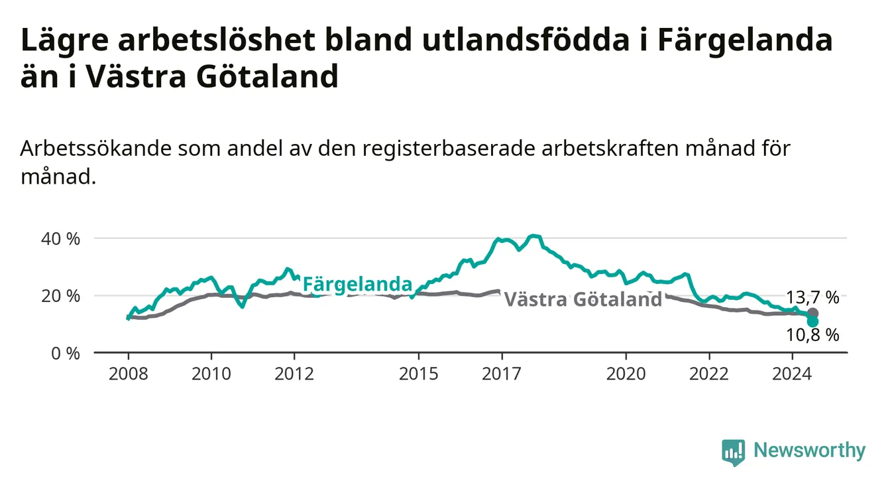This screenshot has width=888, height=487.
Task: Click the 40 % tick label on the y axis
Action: click(x=60, y=239)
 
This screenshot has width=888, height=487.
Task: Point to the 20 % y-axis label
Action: click(x=60, y=296)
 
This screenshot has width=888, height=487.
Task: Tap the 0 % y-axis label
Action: click(x=66, y=354)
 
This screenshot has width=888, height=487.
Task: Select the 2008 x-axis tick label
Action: click(x=128, y=374)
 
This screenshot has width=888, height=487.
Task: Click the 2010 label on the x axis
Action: click(x=211, y=374)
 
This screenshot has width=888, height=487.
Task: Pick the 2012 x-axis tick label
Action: click(x=294, y=374)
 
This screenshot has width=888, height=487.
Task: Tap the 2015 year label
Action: click(x=419, y=374)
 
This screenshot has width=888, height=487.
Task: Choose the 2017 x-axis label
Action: click(x=502, y=374)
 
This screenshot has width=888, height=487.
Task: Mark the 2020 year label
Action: click(x=626, y=374)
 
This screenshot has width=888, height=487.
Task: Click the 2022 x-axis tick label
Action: click(x=709, y=374)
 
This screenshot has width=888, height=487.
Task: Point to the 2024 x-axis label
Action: click(x=792, y=374)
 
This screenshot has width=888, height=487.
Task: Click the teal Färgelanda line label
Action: click(x=358, y=285)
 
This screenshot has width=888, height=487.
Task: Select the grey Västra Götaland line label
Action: click(x=583, y=299)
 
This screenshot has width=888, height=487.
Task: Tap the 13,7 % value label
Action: click(x=812, y=297)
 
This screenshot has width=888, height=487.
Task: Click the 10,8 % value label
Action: click(x=812, y=335)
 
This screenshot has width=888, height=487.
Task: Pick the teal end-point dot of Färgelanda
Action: click(x=812, y=322)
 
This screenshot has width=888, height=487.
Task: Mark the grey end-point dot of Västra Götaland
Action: click(x=812, y=313)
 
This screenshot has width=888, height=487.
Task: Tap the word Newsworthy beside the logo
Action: click(x=810, y=451)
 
